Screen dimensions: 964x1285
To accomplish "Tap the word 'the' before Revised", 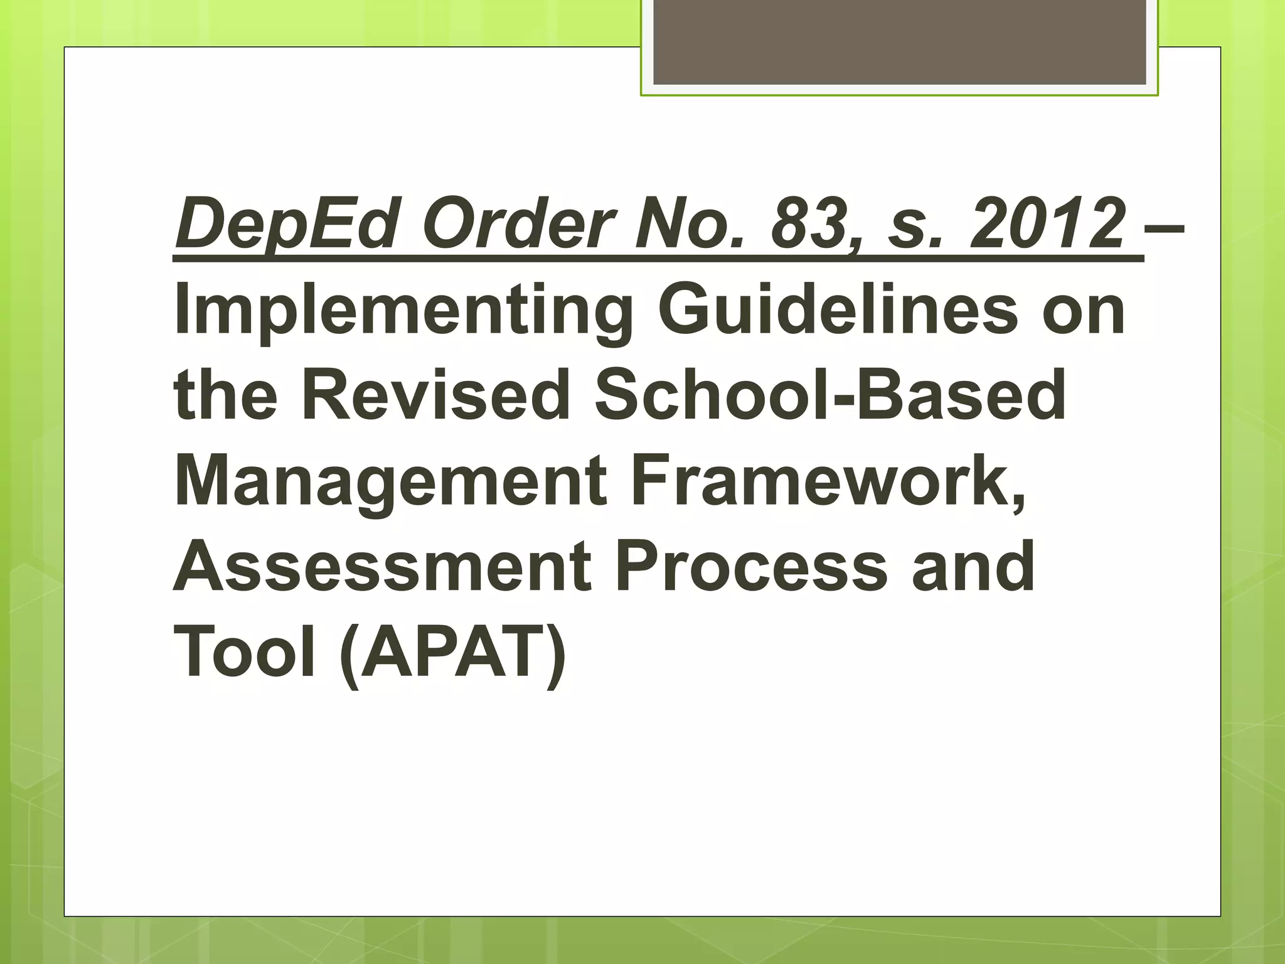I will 225,395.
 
